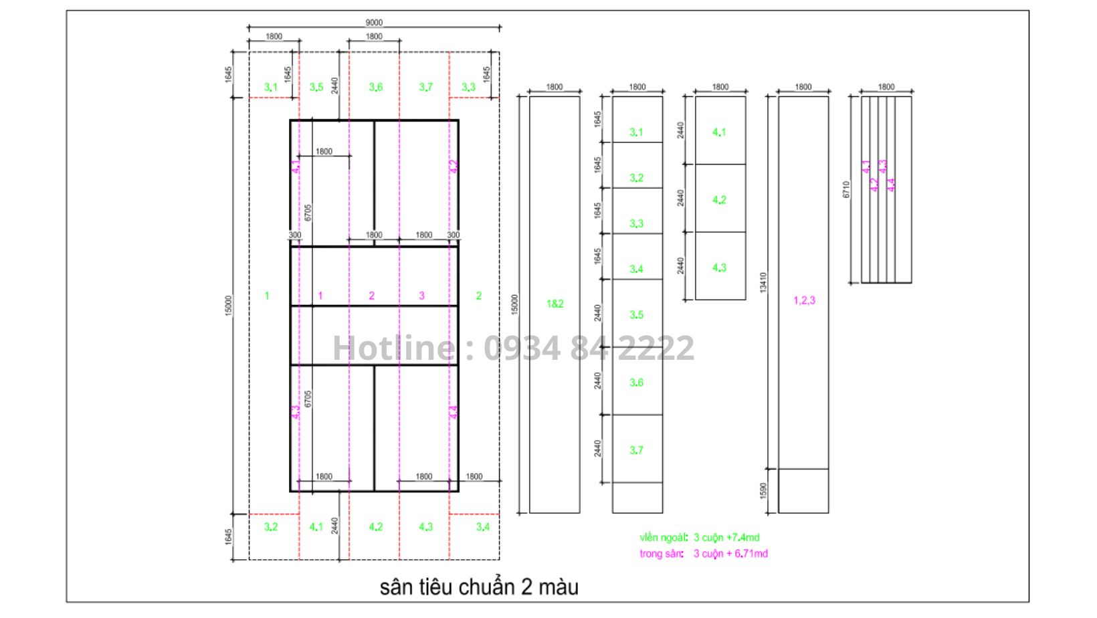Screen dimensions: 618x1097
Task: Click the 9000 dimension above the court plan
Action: [x=374, y=23]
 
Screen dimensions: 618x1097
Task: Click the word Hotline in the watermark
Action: [x=395, y=348]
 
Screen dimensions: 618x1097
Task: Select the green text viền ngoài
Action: [x=664, y=538]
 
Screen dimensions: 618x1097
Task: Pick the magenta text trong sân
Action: [x=662, y=554]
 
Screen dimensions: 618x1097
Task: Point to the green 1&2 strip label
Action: [x=555, y=304]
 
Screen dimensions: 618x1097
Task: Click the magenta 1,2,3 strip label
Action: [x=804, y=300]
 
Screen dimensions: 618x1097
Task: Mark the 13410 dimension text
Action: [x=763, y=282]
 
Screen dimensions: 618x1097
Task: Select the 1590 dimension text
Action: [x=763, y=491]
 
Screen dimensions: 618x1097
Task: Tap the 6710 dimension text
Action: [x=846, y=189]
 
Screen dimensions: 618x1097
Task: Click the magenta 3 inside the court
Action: [x=421, y=296]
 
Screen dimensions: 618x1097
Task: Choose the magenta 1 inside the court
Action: [x=320, y=296]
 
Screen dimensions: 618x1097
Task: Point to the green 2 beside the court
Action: [x=479, y=296]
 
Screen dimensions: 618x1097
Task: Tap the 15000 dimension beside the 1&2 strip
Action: [x=514, y=304]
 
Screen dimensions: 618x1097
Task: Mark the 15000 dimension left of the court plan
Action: [x=228, y=306]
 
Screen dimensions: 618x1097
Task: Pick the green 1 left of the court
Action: [x=267, y=296]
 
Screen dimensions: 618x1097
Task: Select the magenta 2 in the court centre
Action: [x=372, y=296]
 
